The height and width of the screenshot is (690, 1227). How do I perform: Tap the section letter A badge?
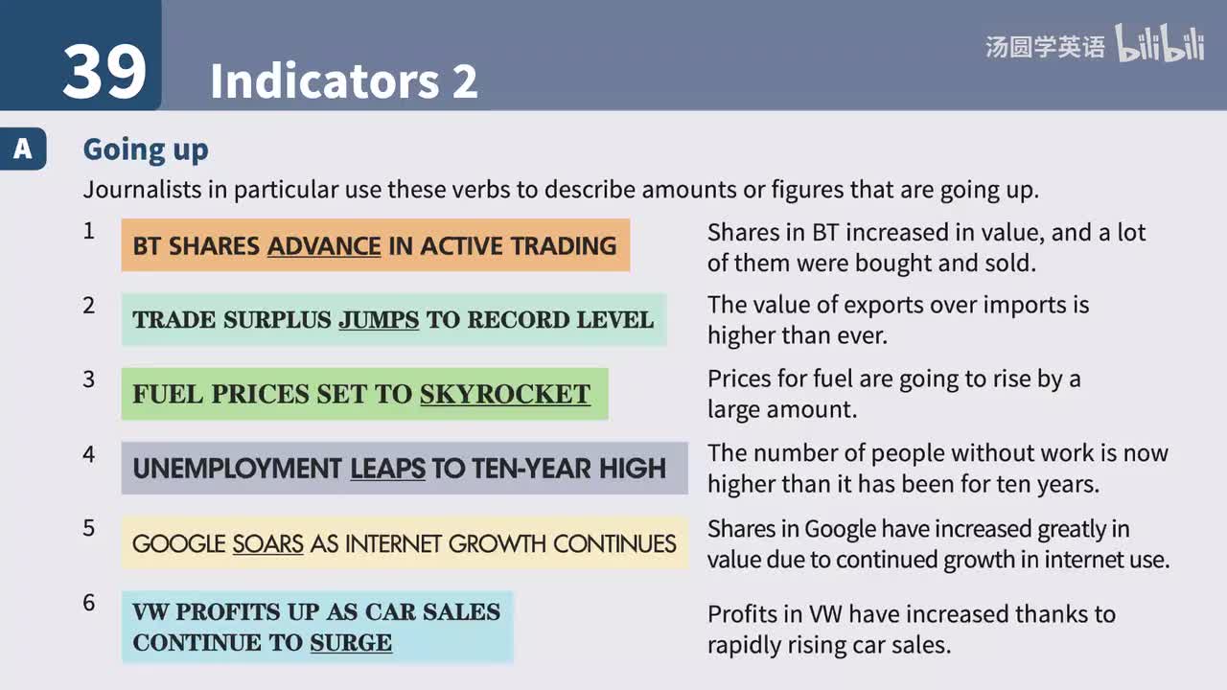[x=22, y=149]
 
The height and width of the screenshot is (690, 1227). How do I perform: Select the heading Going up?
[x=146, y=149]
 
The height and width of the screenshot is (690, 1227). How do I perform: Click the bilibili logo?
[x=1160, y=45]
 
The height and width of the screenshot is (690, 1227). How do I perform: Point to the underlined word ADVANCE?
[x=324, y=246]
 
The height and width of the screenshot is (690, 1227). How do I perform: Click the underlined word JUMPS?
[x=379, y=320]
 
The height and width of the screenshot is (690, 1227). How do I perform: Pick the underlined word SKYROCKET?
[x=505, y=394]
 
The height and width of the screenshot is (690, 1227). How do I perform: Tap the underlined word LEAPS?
[x=387, y=469]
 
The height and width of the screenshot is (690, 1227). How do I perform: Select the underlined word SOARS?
[x=268, y=544]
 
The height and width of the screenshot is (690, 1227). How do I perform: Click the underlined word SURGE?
[x=351, y=642]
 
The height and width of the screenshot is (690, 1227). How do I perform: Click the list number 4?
[x=89, y=454]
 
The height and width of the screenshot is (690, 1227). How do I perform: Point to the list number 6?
[x=89, y=604]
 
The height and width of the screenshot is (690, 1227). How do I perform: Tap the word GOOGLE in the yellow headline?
[x=179, y=544]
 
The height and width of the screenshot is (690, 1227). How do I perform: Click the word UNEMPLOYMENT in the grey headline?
[x=237, y=469]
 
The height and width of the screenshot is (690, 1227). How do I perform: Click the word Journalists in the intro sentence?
[x=142, y=189]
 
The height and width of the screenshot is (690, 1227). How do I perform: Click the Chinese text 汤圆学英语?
[x=1045, y=47]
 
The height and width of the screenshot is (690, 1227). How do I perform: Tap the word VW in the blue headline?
[x=150, y=611]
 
